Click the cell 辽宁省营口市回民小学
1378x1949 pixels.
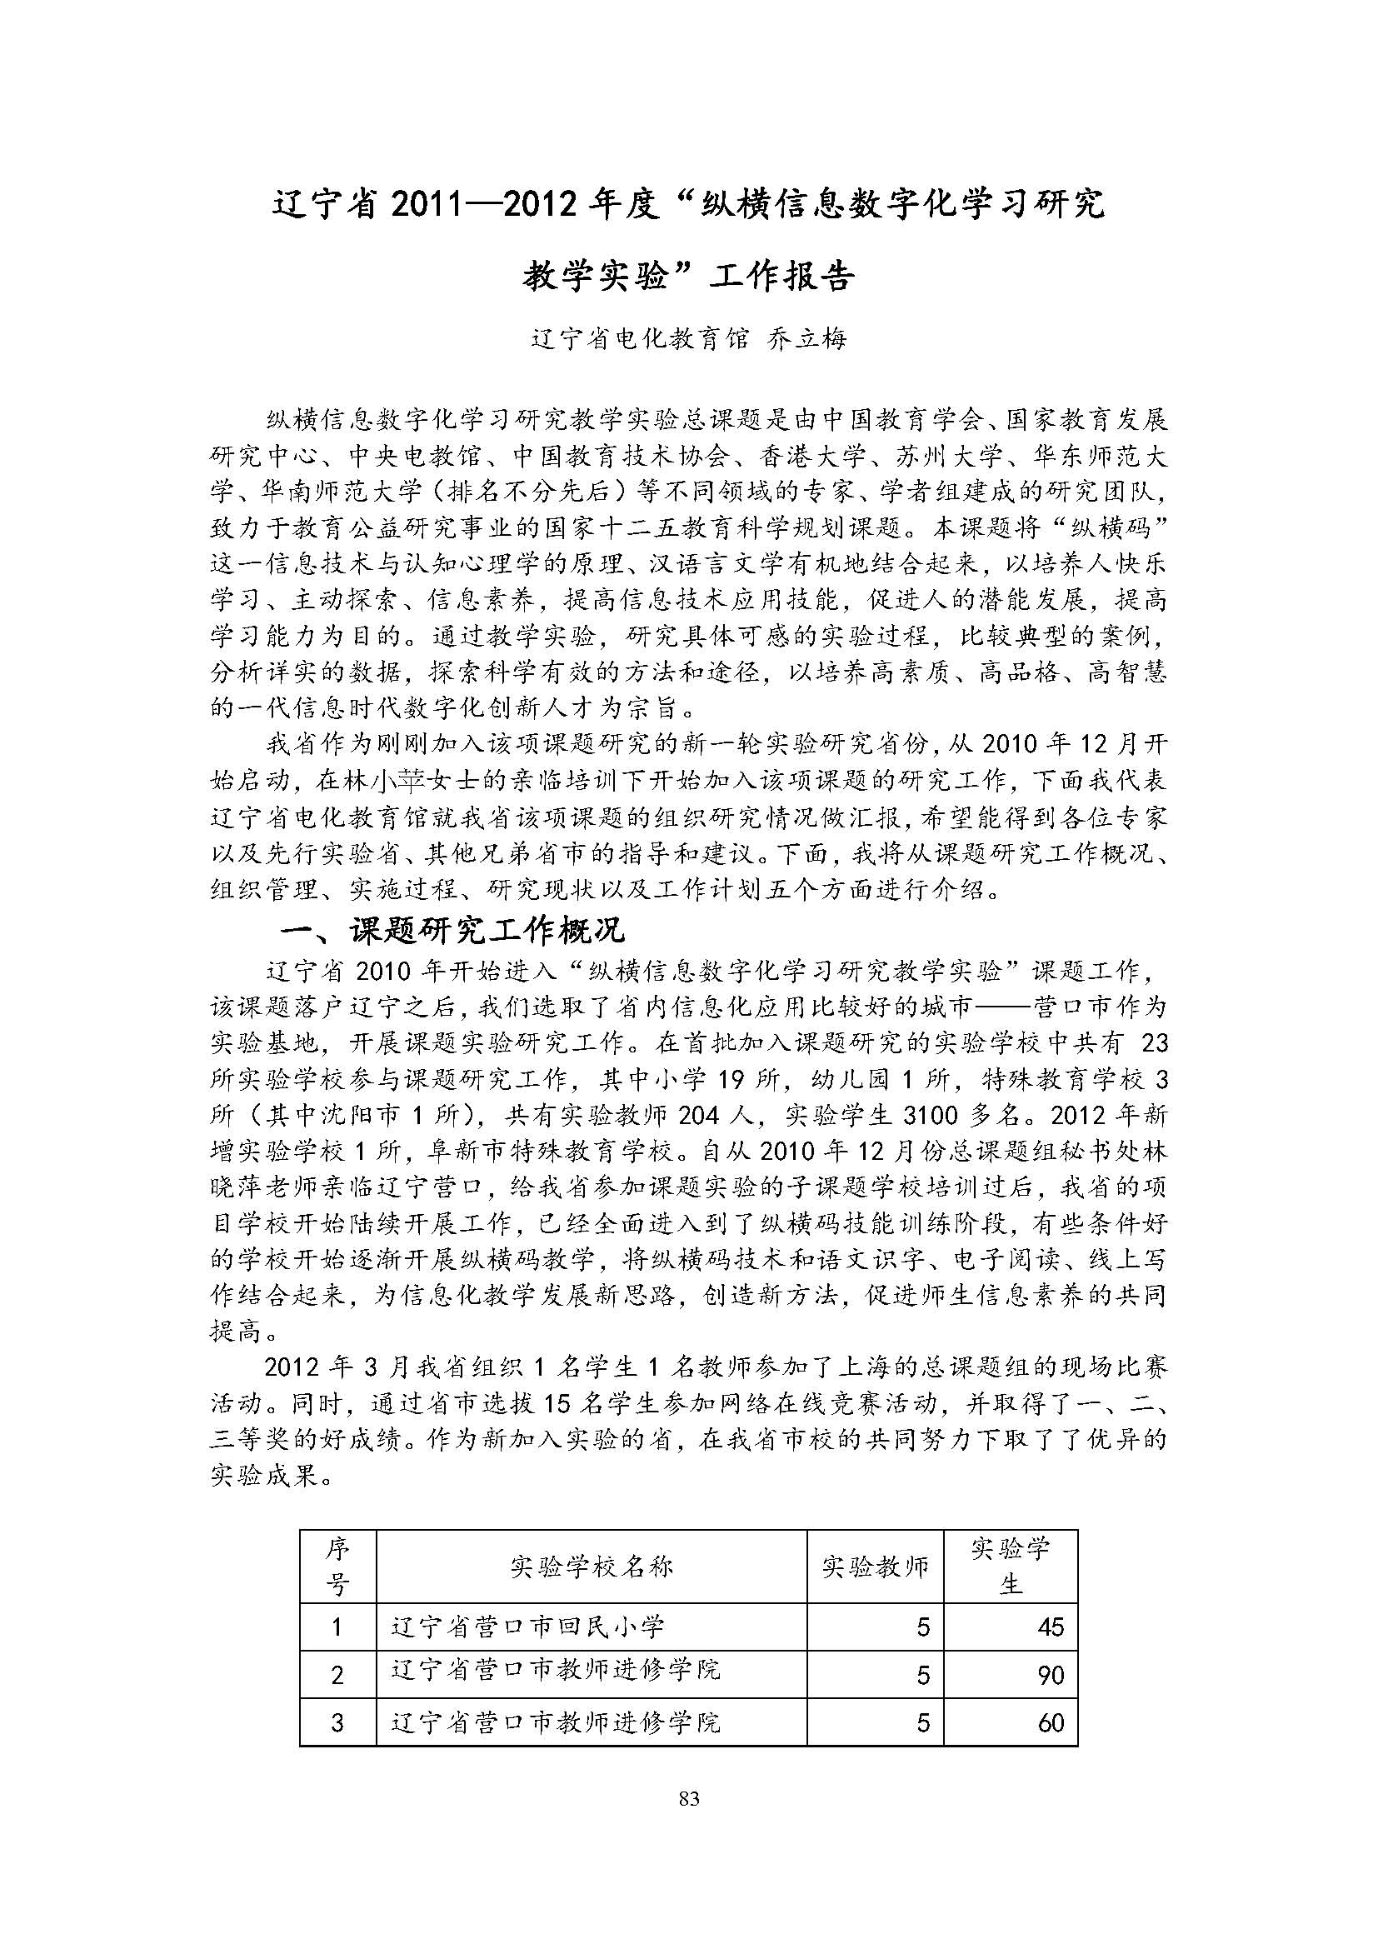pos(527,1627)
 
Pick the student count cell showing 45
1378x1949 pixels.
pos(1050,1627)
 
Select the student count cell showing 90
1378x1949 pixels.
pos(1050,1675)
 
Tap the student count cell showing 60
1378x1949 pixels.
pos(1050,1722)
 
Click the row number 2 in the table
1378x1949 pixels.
pos(337,1675)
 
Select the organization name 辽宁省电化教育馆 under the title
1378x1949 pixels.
pos(641,339)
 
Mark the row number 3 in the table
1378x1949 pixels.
pos(337,1722)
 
